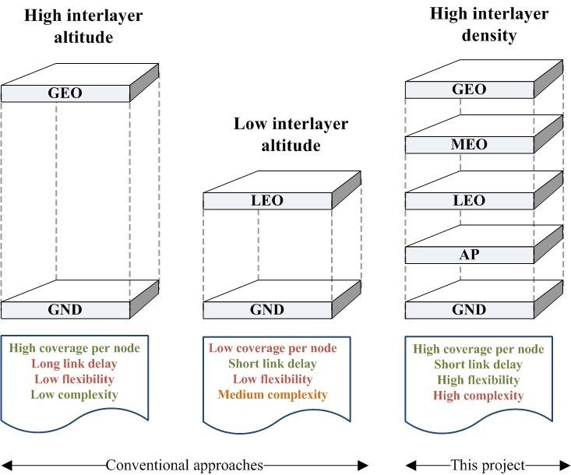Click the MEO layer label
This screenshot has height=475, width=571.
coord(469,146)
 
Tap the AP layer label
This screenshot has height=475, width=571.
coord(469,255)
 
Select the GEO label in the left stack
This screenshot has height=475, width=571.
coord(65,93)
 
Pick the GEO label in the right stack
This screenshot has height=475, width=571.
coord(469,90)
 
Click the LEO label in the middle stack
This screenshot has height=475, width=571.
coord(267,201)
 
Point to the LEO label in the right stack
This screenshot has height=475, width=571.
coord(469,201)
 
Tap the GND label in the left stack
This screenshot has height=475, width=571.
coord(65,310)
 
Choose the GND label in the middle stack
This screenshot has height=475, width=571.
coord(267,310)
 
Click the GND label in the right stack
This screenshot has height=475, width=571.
coord(469,310)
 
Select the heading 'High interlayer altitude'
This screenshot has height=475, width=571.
coord(65,26)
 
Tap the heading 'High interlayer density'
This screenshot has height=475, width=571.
coord(488,25)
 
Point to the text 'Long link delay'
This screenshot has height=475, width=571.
coord(75,364)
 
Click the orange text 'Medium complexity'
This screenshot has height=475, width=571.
coord(273,395)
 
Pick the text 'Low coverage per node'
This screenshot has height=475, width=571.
coord(273,348)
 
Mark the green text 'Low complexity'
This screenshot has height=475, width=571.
coord(75,395)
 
